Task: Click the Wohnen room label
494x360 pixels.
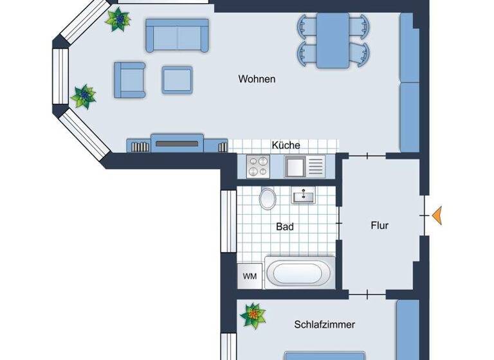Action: (257, 79)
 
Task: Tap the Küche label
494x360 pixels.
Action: (286, 145)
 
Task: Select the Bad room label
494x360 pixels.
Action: (285, 226)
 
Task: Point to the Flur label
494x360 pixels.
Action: (380, 226)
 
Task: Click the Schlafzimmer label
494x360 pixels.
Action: (324, 325)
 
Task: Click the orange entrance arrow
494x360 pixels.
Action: (437, 215)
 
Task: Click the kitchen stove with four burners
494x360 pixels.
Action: (259, 167)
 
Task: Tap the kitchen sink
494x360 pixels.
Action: (295, 167)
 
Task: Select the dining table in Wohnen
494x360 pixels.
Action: (333, 39)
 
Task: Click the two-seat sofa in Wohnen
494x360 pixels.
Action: (177, 35)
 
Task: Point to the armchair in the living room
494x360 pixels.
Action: (129, 79)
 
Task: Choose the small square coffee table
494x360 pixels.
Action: (177, 79)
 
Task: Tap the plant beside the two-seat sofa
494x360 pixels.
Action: (118, 20)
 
